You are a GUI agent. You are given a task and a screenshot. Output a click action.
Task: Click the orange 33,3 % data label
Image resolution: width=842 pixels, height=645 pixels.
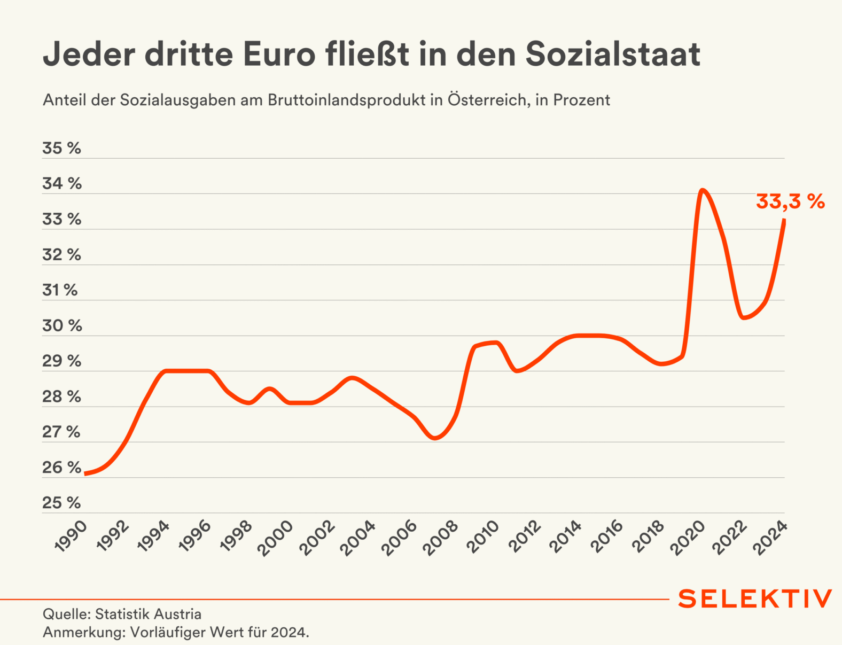click(x=790, y=202)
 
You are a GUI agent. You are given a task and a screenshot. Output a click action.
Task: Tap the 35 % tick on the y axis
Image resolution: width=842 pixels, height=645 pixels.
click(x=61, y=148)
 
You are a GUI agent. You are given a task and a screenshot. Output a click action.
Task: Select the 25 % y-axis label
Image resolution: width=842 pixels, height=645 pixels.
click(x=61, y=503)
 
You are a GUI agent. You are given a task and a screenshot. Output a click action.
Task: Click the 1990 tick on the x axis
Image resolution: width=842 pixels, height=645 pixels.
click(x=71, y=536)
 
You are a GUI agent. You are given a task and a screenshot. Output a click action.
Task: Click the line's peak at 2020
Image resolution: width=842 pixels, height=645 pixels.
click(x=702, y=190)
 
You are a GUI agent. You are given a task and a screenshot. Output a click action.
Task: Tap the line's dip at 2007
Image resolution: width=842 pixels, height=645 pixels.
click(x=435, y=438)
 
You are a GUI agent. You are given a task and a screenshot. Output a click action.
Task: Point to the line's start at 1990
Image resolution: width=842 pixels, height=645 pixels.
click(x=85, y=473)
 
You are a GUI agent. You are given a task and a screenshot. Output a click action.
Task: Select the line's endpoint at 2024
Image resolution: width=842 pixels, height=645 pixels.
click(x=784, y=220)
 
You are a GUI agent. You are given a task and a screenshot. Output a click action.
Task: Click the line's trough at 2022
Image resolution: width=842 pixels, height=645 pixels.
click(x=743, y=318)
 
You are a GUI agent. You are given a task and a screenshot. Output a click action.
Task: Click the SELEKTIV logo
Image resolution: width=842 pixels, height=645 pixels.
click(x=755, y=599)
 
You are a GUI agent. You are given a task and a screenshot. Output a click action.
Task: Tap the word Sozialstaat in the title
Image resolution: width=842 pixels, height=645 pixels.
click(x=613, y=54)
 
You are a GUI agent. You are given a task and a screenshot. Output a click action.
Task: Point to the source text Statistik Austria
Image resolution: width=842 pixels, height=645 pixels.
click(x=148, y=615)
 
